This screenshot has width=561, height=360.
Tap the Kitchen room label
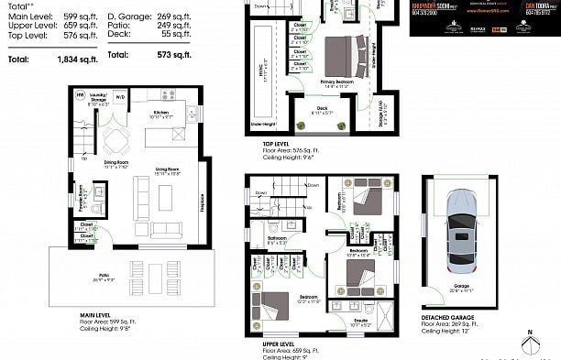pyautogui.click(x=161, y=114)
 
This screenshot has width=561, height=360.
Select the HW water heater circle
pyautogui.click(x=80, y=95)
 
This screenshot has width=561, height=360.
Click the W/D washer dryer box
pyautogui.click(x=121, y=95)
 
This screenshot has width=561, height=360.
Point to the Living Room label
pyautogui.click(x=165, y=169)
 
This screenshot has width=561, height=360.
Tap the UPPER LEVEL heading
pyautogui.click(x=279, y=344)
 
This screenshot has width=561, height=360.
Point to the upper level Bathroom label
pyautogui.click(x=278, y=240)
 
